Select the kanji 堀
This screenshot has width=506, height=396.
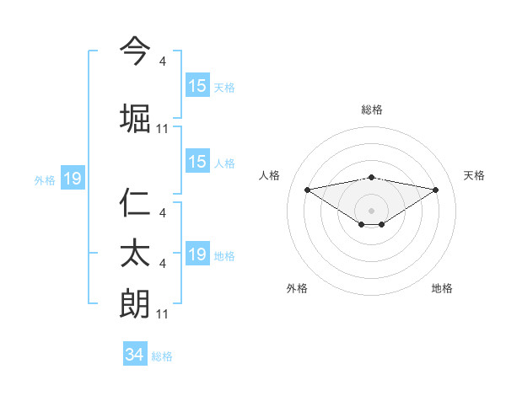point(135,118)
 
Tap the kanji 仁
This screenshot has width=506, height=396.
point(135,205)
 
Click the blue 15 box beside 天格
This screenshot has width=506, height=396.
point(197,86)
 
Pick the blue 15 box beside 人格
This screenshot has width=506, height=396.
point(197,163)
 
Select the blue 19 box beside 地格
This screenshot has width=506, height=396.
point(197,254)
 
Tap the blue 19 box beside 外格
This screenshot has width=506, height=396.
point(72,179)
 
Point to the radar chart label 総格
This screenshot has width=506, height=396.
point(372,110)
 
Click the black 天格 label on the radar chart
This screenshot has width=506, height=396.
point(474,175)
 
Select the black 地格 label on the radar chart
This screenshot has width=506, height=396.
point(442,288)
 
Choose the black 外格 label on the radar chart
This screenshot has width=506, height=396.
point(297,288)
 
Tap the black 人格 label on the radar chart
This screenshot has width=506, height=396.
point(270,175)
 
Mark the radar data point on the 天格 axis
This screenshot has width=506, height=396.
point(436,190)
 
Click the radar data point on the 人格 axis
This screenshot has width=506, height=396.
point(307,190)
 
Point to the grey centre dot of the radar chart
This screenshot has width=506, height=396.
point(372,211)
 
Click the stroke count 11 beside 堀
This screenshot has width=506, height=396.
point(163,129)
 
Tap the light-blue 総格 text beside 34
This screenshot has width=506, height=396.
point(162,356)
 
